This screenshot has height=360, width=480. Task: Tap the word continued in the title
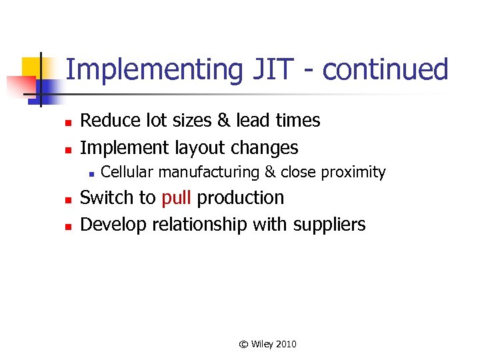[x=385, y=69]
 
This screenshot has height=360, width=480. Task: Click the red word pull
[x=177, y=198]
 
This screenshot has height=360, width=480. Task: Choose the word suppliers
[x=329, y=225]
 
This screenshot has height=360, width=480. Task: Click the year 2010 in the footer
[x=285, y=344]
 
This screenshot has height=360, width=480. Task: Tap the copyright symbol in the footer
[x=244, y=344]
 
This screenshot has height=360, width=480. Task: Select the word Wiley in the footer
[x=261, y=344]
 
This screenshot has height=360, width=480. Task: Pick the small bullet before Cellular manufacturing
[x=89, y=173]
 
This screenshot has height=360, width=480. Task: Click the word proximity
[x=353, y=172]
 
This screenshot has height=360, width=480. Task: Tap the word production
[x=241, y=198]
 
